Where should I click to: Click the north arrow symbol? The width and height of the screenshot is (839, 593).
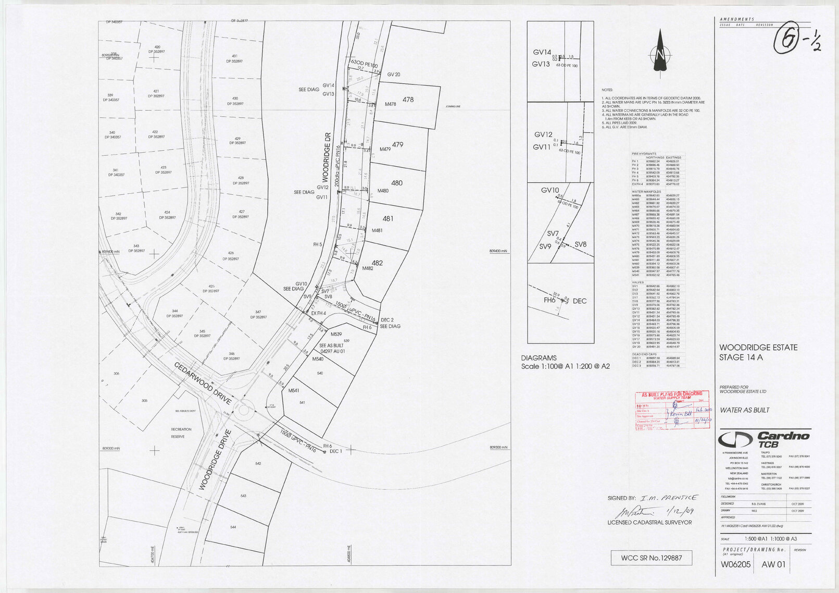pyautogui.click(x=660, y=52)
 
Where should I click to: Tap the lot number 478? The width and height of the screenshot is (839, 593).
pyautogui.click(x=408, y=100)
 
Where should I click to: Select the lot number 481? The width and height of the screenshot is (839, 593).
pyautogui.click(x=387, y=219)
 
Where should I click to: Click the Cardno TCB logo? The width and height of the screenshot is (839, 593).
pyautogui.click(x=764, y=439)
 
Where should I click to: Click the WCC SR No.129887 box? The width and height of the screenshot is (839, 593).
pyautogui.click(x=652, y=558)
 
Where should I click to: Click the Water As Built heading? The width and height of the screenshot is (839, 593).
pyautogui.click(x=744, y=410)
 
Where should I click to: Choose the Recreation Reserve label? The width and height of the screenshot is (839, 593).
pyautogui.click(x=181, y=433)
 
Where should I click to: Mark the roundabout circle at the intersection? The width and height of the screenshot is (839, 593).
pyautogui.click(x=244, y=410)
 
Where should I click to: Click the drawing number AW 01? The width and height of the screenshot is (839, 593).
pyautogui.click(x=773, y=564)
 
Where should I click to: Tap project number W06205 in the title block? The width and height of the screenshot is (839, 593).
pyautogui.click(x=735, y=564)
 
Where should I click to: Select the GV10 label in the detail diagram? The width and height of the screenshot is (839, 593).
pyautogui.click(x=549, y=190)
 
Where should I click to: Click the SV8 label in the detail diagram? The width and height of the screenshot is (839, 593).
pyautogui.click(x=580, y=244)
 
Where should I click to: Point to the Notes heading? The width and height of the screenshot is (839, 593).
pyautogui.click(x=607, y=90)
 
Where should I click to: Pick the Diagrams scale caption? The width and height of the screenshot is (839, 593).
pyautogui.click(x=565, y=362)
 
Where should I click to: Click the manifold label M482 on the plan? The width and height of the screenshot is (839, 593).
pyautogui.click(x=367, y=268)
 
